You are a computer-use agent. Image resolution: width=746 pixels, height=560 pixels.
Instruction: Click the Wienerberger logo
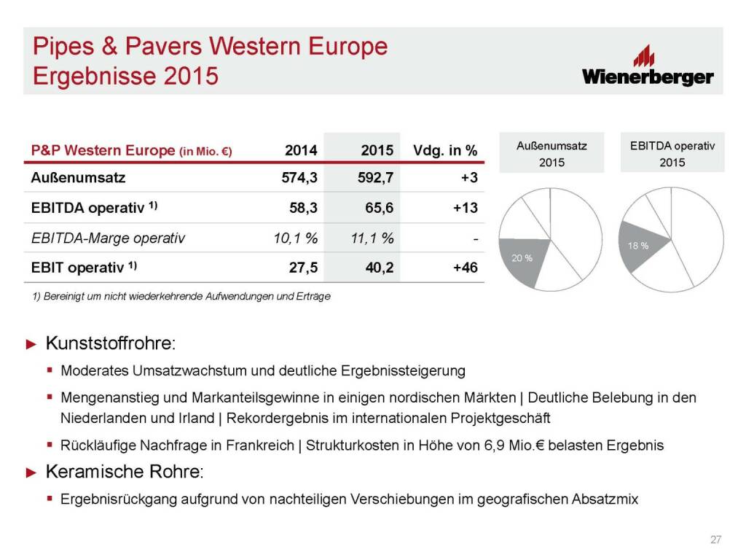(648, 66)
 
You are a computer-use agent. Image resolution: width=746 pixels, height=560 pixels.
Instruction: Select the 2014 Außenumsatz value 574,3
(299, 178)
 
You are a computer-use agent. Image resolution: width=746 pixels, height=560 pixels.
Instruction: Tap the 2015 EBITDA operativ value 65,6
(379, 208)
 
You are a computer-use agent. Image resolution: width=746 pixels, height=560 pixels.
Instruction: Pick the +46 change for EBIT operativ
(466, 268)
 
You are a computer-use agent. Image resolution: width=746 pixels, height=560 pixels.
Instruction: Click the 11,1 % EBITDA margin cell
(372, 238)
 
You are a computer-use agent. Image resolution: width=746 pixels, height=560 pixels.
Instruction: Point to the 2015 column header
(377, 150)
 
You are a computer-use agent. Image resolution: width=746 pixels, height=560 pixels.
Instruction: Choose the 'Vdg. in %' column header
(445, 150)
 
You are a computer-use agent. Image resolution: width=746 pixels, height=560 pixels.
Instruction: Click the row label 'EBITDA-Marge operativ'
(108, 238)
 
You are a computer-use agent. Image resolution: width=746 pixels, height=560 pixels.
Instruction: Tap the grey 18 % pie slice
(640, 245)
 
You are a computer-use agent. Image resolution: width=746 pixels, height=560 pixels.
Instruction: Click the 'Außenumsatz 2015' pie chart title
(552, 154)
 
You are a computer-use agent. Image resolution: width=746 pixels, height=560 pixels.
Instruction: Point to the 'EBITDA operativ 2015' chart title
(672, 154)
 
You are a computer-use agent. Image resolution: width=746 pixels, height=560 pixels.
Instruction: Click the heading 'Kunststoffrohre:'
(111, 343)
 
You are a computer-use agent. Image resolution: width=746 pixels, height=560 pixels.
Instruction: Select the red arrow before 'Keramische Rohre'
(31, 472)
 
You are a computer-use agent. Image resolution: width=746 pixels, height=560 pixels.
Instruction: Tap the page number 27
(715, 540)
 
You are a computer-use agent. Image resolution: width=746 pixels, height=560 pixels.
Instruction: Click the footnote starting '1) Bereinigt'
(181, 296)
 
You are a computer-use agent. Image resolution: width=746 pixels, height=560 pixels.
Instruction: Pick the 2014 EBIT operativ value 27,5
(303, 268)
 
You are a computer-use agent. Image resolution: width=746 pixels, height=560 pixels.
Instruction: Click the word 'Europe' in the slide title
(348, 47)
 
